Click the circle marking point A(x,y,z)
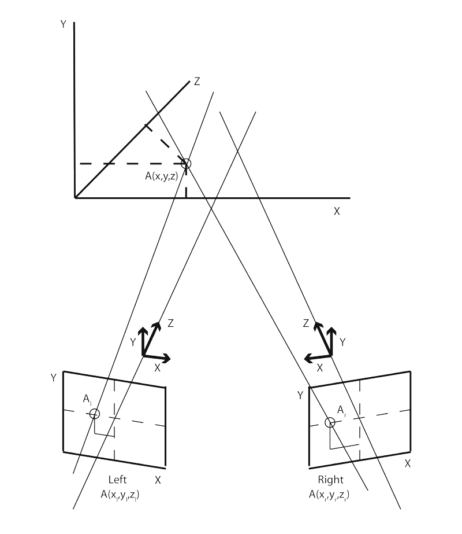185,163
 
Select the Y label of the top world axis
62,25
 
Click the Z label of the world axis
197,82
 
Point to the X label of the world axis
337,211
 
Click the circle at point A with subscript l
95,414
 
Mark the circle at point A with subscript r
330,422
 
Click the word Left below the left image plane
118,480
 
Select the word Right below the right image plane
330,480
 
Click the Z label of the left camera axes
170,323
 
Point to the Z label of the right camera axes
307,323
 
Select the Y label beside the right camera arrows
342,342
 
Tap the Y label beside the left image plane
53,378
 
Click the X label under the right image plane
407,463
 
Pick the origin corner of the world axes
75,198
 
